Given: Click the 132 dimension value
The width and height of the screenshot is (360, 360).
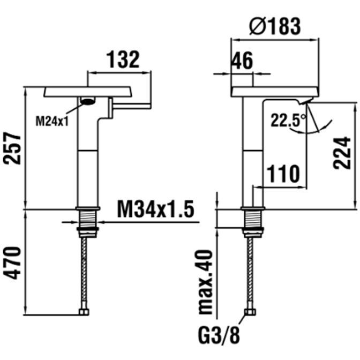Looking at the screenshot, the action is coord(124,59).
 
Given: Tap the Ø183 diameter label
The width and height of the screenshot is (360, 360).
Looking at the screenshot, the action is coord(275,26).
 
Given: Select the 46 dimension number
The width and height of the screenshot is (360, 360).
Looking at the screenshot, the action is coord(242,61).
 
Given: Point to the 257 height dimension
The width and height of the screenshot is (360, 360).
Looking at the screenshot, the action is coord(12,148).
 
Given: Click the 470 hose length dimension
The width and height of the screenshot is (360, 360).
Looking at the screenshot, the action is coord(12,263).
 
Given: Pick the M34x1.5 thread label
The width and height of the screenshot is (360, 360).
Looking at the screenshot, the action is coord(156,209).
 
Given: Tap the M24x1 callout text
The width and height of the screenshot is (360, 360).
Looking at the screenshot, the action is coord(52,121).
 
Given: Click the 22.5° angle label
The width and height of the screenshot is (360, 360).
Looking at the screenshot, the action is coord(288,121).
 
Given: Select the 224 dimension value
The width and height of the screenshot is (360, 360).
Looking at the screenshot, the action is coord(342,153).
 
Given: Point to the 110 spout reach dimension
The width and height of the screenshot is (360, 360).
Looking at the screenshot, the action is coord(283,174).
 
